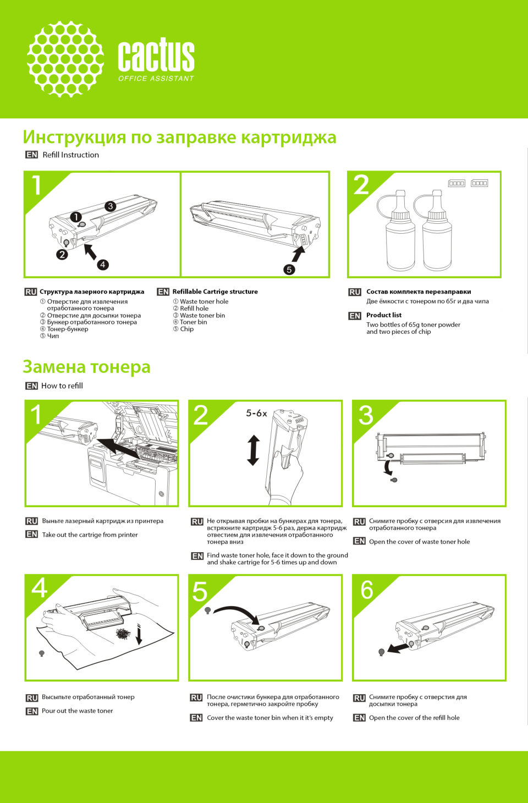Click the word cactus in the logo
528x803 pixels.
tap(156, 54)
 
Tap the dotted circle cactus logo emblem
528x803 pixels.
tap(65, 59)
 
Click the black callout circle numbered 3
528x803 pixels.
tap(111, 206)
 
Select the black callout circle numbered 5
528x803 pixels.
tap(289, 269)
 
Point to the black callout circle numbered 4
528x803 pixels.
tap(103, 265)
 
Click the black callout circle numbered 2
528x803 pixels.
tap(62, 255)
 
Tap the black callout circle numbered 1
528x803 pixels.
tap(76, 217)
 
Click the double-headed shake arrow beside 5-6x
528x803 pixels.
tap(254, 450)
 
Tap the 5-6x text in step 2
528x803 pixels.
tap(256, 414)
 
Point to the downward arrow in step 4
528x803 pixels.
tap(139, 634)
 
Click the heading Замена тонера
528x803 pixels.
tap(86, 367)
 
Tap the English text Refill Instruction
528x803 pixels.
tap(70, 155)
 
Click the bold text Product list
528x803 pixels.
tap(384, 315)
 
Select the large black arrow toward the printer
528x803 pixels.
tap(118, 447)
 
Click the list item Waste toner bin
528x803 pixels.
tap(202, 316)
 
